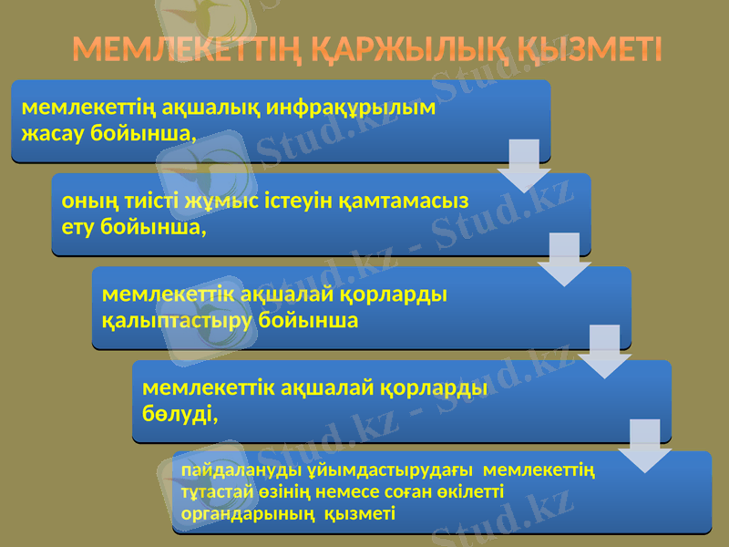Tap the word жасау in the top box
point(54,133)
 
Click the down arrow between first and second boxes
point(524,165)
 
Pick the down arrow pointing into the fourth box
point(604,351)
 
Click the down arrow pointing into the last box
point(644,445)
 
